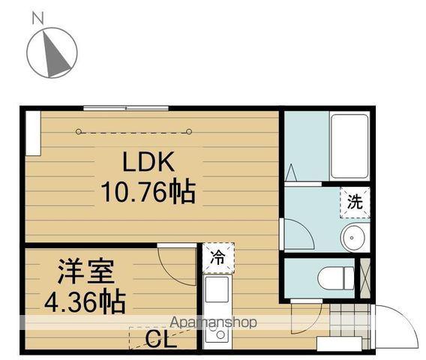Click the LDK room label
148,161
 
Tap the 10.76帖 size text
148,193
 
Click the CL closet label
160,341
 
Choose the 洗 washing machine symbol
355,201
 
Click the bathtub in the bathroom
349,145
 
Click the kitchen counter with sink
216,307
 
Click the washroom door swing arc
298,234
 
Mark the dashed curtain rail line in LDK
135,132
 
